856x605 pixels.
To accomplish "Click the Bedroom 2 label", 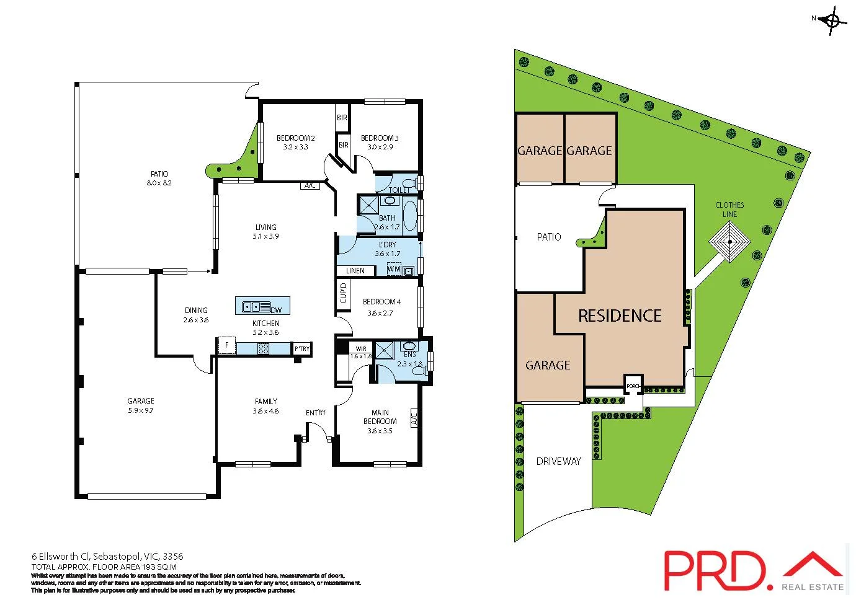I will click(x=295, y=138).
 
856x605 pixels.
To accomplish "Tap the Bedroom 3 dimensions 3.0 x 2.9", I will click(x=380, y=148).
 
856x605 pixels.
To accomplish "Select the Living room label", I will click(x=265, y=227).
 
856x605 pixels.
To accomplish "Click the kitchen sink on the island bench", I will click(x=252, y=306).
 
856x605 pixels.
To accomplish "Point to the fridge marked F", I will click(x=227, y=345).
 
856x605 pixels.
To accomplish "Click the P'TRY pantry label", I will click(x=302, y=349).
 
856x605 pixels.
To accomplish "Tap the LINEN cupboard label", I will click(x=355, y=270).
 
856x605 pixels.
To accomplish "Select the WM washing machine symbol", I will click(x=394, y=269).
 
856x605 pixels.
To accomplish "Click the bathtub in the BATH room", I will click(x=410, y=215).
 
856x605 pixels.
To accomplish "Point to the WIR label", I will click(x=361, y=348).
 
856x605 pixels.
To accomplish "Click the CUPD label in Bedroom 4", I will click(x=343, y=293).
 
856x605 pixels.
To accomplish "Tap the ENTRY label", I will click(x=316, y=412).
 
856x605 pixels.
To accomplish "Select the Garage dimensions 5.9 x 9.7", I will click(x=141, y=410).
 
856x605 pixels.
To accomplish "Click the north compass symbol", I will click(x=832, y=20).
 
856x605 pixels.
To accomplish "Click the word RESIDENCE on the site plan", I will click(x=620, y=316).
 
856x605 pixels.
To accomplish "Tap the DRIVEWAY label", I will click(x=558, y=461).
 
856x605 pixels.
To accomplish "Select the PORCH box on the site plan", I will click(x=633, y=386).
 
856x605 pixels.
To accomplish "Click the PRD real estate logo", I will click(x=754, y=570).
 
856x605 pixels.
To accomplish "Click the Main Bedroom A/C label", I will click(x=414, y=417).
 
